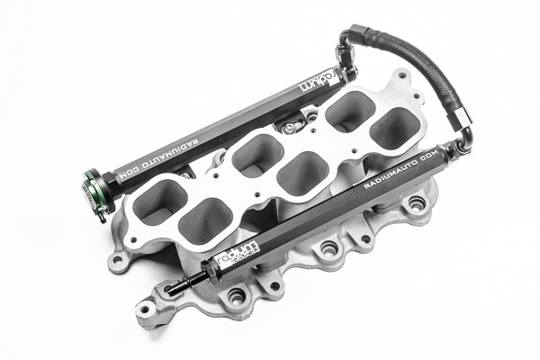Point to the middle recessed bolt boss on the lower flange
pyautogui.click(x=329, y=247)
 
